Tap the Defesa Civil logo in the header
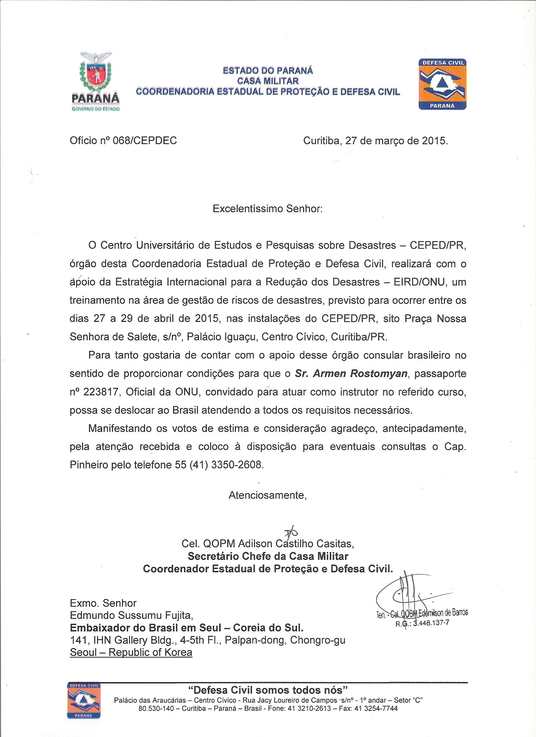pyautogui.click(x=442, y=84)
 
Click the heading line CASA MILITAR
pyautogui.click(x=268, y=80)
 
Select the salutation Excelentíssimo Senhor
pyautogui.click(x=267, y=208)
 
